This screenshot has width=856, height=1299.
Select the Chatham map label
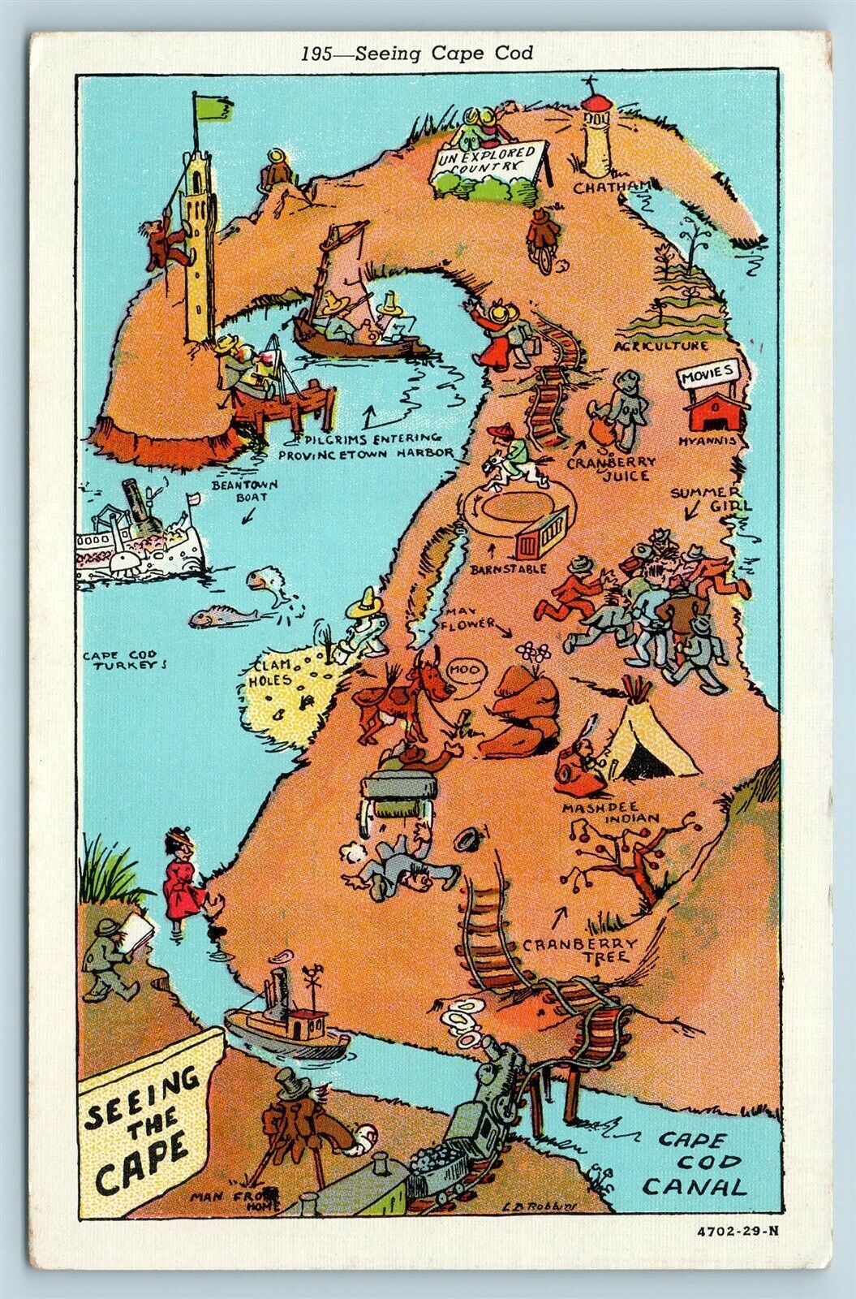(622, 188)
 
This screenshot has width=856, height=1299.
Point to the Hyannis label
(709, 440)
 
